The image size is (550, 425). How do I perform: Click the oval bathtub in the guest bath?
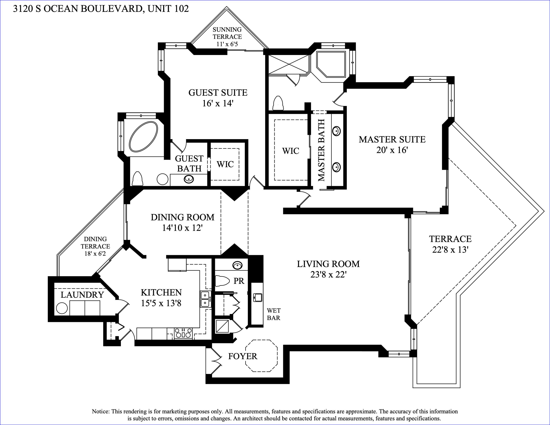[x=143, y=137]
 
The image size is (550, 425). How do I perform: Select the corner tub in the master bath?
[x=331, y=64]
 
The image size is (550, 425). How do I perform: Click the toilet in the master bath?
[x=278, y=103]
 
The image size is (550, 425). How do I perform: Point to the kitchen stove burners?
[x=183, y=333]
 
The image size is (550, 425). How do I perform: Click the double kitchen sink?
[x=206, y=299]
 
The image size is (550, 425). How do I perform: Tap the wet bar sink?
[x=258, y=298]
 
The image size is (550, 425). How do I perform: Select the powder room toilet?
[x=222, y=281]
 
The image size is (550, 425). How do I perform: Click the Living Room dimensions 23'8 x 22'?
[x=328, y=274]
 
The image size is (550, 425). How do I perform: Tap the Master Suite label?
[x=392, y=139]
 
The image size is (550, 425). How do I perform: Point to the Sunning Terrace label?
[x=227, y=33]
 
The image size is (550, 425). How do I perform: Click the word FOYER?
[x=243, y=356]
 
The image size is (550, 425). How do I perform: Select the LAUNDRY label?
[x=82, y=295]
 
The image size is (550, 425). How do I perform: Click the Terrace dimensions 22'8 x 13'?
[x=450, y=250]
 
